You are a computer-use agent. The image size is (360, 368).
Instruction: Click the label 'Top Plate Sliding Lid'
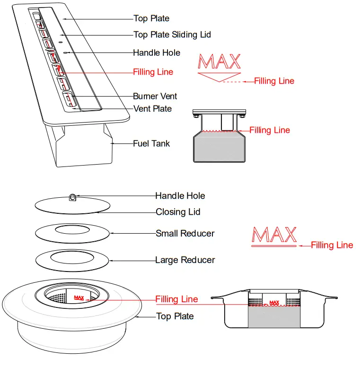pyautogui.click(x=172, y=35)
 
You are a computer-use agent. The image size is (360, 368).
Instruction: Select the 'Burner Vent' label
pyautogui.click(x=155, y=96)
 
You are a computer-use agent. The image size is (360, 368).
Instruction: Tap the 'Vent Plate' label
pyautogui.click(x=152, y=109)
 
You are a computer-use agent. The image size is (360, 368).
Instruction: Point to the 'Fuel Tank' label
pyautogui.click(x=151, y=143)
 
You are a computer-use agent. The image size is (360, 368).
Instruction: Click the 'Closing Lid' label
pyautogui.click(x=178, y=212)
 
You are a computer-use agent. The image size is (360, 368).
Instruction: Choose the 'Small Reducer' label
pyautogui.click(x=185, y=233)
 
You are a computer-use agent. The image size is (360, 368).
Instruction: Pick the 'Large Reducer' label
pyautogui.click(x=185, y=260)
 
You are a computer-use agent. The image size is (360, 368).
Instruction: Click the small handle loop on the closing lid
pyautogui.click(x=73, y=197)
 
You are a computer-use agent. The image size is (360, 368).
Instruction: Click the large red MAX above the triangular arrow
pyautogui.click(x=220, y=62)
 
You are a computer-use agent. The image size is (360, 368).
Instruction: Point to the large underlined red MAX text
pyautogui.click(x=274, y=235)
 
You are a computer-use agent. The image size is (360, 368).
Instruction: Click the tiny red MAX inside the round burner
pyautogui.click(x=79, y=298)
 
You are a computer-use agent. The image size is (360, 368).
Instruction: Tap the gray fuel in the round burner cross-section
pyautogui.click(x=274, y=317)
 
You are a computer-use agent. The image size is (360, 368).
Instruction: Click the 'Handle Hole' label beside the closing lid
pyautogui.click(x=180, y=196)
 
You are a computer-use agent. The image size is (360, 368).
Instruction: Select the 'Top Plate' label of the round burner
pyautogui.click(x=175, y=316)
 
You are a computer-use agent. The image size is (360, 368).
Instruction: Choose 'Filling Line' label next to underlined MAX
pyautogui.click(x=332, y=245)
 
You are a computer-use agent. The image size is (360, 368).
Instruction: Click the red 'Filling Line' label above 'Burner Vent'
pyautogui.click(x=153, y=72)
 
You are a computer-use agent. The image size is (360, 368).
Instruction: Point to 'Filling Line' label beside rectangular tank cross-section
pyautogui.click(x=270, y=130)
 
